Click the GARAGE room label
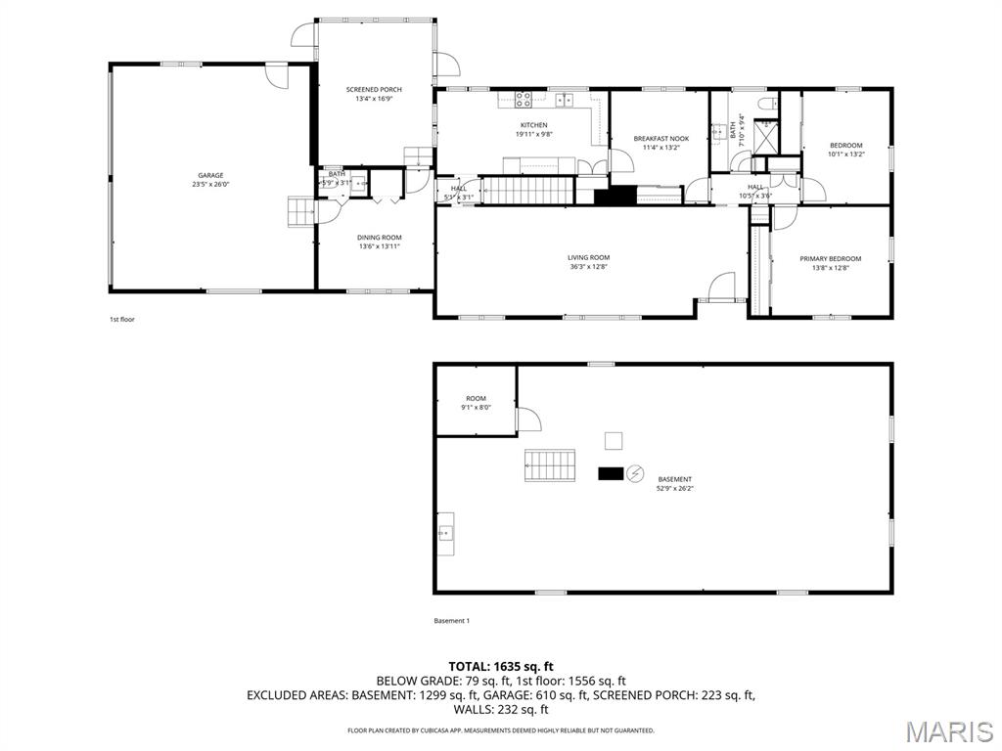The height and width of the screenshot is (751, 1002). click(x=210, y=175)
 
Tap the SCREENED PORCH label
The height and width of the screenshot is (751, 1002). click(x=374, y=90)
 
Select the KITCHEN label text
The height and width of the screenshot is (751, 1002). click(x=533, y=125)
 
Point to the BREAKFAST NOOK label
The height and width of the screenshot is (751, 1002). click(x=660, y=139)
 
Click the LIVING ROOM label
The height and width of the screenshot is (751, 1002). click(x=588, y=257)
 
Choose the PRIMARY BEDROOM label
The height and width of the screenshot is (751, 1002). click(x=830, y=259)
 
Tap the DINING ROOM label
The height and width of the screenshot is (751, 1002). click(x=379, y=238)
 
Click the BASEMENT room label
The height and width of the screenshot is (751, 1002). click(x=674, y=479)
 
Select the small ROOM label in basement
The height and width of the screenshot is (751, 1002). click(x=476, y=399)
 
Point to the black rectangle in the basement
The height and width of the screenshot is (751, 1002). click(x=611, y=473)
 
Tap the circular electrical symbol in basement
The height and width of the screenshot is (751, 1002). click(x=635, y=473)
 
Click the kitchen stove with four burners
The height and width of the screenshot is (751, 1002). click(x=524, y=99)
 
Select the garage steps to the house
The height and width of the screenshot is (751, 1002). click(x=298, y=211)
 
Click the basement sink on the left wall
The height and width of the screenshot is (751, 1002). click(x=445, y=533)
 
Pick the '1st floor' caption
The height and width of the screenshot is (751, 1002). click(x=121, y=319)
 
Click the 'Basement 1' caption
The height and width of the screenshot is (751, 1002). click(x=452, y=621)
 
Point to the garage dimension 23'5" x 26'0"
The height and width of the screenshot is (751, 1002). click(x=210, y=184)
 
